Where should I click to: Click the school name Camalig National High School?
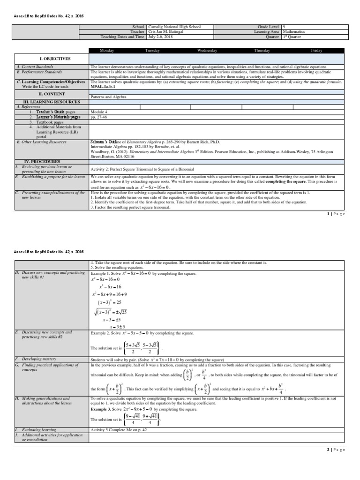pyautogui.click(x=174, y=27)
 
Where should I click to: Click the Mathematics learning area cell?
pyautogui.click(x=293, y=32)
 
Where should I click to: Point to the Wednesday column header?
pyautogui.click(x=207, y=50)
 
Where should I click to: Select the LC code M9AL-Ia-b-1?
pyautogui.click(x=103, y=87)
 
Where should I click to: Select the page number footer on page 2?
pyautogui.click(x=335, y=450)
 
